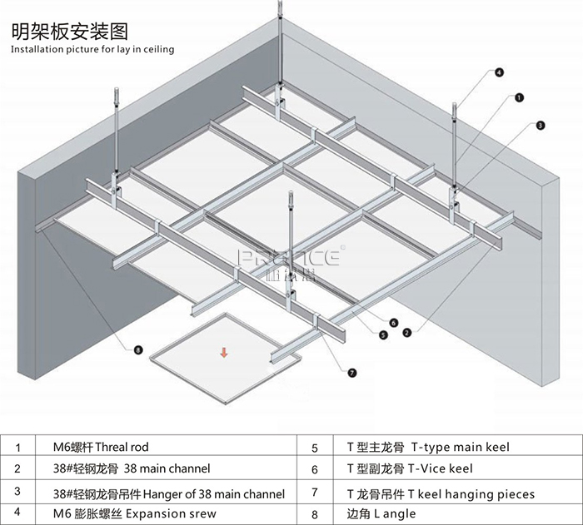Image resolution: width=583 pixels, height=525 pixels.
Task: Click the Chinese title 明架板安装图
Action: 69,32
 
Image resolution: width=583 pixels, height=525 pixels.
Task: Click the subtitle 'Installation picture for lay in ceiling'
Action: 92,50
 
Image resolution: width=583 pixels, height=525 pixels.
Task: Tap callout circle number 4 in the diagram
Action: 499,72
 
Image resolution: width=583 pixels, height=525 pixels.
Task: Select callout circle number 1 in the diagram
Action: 519,97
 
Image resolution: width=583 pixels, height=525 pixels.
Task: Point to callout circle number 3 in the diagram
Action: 540,126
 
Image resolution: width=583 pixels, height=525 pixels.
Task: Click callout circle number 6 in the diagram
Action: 394,322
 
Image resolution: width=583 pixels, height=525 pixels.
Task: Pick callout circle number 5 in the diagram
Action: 383,334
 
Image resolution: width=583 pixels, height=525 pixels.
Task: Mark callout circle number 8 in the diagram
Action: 138,349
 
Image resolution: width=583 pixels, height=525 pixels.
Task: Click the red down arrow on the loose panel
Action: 223,354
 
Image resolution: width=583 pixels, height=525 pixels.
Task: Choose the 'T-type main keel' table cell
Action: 428,448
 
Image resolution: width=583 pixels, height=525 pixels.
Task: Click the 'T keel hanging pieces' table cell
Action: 441,493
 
